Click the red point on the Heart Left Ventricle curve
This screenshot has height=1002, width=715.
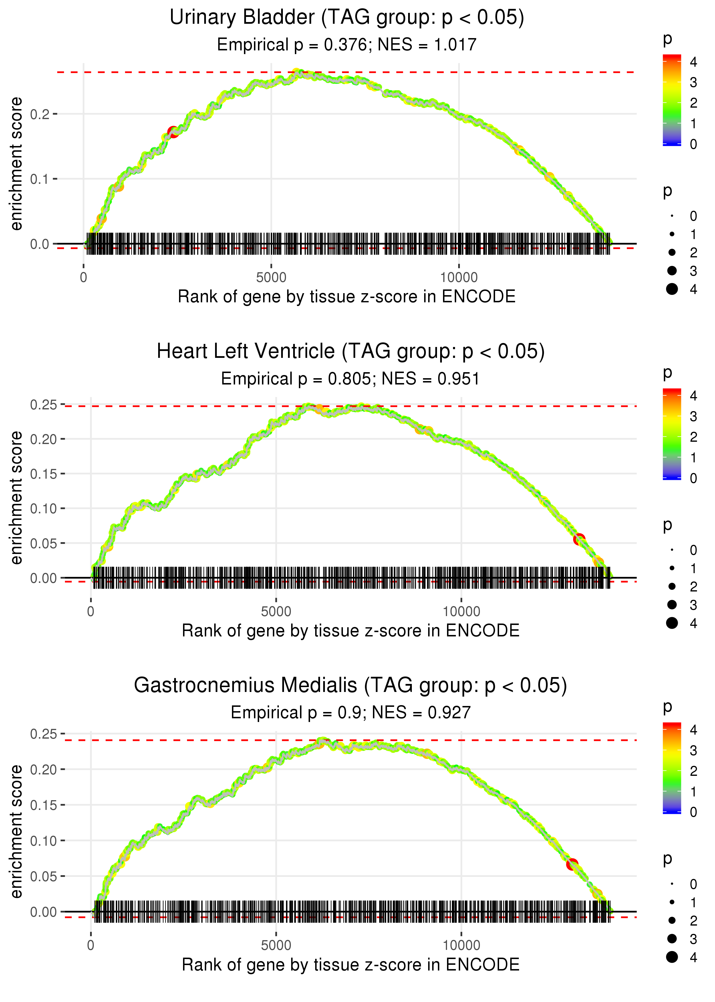[579, 539]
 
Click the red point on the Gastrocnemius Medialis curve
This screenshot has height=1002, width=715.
[572, 864]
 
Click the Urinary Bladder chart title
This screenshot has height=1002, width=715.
[347, 18]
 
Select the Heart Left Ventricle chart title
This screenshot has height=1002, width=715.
[350, 352]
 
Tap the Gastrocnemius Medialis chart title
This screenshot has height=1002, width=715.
[350, 686]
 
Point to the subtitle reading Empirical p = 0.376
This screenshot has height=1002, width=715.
[347, 44]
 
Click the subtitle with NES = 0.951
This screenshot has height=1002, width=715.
[350, 378]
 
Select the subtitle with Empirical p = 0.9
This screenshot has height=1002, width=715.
[350, 713]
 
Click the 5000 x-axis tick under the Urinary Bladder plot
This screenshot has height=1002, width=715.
[271, 278]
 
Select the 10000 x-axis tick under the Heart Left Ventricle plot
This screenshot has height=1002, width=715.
[461, 612]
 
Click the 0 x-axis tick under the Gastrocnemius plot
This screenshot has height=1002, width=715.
[91, 946]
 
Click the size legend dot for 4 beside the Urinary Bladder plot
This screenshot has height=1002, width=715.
[672, 289]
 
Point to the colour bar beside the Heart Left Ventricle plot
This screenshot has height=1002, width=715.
[672, 434]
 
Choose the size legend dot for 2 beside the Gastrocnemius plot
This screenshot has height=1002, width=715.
[672, 920]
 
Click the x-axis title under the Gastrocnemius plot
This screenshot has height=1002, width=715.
[350, 965]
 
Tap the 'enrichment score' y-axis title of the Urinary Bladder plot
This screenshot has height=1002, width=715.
[16, 164]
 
